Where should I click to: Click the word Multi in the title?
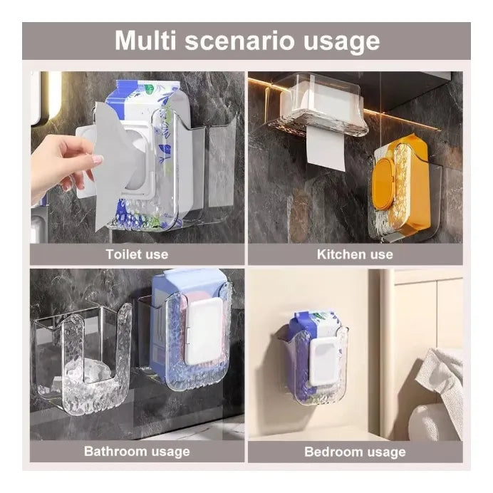click(x=145, y=40)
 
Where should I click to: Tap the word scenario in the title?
click(x=239, y=41)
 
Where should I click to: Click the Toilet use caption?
click(x=137, y=254)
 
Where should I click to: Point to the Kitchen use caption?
click(x=355, y=254)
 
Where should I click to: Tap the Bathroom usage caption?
click(x=137, y=452)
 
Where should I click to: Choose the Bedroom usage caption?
click(x=355, y=452)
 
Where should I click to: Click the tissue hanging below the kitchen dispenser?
click(x=326, y=147)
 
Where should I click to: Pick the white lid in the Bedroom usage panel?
click(x=324, y=362)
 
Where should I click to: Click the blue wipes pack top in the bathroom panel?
click(x=189, y=281)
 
